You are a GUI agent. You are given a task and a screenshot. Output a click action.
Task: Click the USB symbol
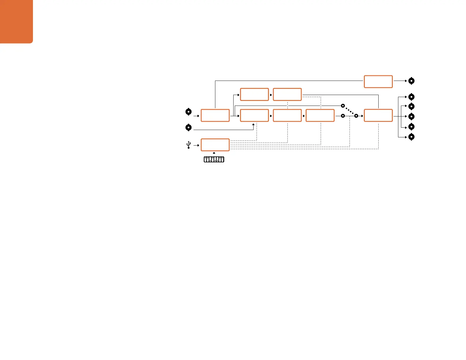189,145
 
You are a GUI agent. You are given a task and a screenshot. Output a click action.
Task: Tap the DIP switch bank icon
214,159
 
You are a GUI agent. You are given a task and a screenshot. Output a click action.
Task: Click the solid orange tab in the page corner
16,21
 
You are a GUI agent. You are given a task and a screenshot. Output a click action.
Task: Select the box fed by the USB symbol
215,145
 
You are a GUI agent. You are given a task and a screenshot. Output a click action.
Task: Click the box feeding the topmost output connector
378,81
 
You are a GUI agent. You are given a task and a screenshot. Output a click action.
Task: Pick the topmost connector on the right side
412,81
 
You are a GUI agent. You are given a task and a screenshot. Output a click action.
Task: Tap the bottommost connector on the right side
412,137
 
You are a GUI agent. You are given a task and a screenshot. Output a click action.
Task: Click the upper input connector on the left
189,112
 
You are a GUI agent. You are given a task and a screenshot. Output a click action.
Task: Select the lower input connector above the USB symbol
189,128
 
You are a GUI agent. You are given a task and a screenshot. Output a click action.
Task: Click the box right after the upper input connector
215,115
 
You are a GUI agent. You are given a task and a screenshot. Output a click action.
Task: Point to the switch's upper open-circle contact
343,105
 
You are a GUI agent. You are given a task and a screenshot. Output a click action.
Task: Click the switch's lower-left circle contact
343,116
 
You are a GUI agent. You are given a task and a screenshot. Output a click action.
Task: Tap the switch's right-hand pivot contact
356,116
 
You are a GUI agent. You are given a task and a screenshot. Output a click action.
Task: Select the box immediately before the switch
320,115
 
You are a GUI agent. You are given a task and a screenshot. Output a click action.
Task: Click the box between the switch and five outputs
378,115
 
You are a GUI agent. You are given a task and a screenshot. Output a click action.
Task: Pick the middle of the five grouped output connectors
412,116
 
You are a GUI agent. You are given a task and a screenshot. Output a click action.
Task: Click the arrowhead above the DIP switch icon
214,153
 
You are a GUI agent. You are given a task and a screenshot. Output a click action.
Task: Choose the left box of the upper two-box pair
254,94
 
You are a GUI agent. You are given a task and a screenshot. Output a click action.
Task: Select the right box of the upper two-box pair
287,94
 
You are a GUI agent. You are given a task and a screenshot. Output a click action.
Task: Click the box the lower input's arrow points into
254,115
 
